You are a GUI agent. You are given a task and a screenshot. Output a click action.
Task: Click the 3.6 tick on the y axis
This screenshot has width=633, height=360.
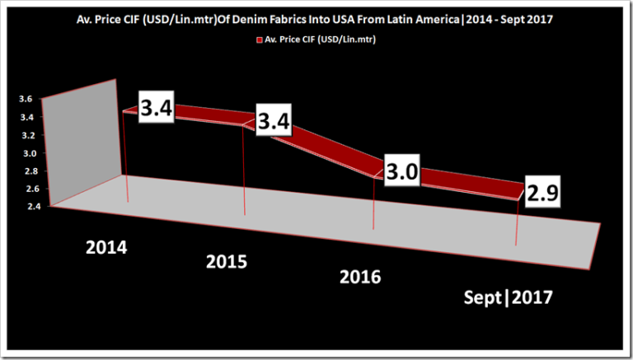coord(26,99)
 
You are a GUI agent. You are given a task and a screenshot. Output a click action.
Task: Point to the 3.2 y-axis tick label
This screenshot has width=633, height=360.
coord(26,135)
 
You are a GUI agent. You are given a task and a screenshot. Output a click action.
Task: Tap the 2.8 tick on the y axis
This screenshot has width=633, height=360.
coord(26,171)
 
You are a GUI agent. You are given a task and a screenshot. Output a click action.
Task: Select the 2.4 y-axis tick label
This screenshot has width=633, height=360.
coord(26,207)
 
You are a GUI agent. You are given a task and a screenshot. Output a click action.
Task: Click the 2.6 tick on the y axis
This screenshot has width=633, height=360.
coord(26,189)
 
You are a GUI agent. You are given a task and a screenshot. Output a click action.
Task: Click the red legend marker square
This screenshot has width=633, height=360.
coord(260,39)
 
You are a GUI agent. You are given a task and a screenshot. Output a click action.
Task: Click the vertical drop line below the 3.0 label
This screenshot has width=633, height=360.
coord(375,206)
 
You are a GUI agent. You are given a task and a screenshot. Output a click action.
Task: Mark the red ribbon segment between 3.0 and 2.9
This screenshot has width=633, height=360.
coord(462,181)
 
